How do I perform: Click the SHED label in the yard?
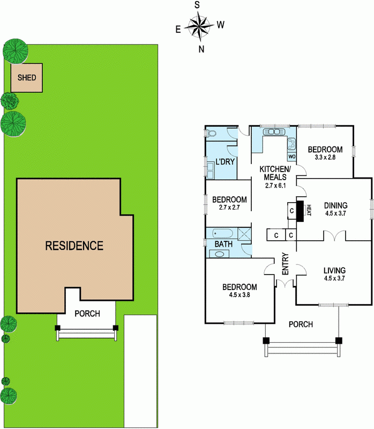point(27,78)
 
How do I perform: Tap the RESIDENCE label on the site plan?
point(74,246)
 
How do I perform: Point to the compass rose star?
point(199,26)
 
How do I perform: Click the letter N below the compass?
point(201,49)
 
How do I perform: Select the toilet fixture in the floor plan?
point(211,133)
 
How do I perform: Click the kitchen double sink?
point(274,131)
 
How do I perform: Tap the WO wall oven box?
point(292,157)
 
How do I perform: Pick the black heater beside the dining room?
point(300,211)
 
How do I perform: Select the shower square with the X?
point(244,234)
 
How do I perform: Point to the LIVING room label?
point(335,270)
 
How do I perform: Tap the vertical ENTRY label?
point(286,264)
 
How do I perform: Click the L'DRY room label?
point(225,162)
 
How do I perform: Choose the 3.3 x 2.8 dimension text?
point(325,157)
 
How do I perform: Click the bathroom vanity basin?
point(219,254)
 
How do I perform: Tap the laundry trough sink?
point(211,170)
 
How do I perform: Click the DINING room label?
point(336,205)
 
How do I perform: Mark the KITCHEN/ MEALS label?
point(275,173)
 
